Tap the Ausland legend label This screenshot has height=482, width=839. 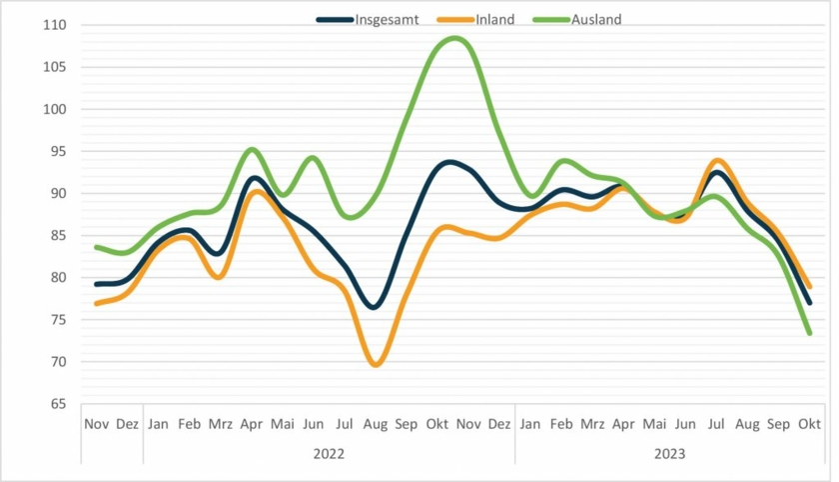pos(596,19)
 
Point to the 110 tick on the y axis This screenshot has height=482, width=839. pos(53,25)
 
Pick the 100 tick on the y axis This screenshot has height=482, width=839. pos(53,109)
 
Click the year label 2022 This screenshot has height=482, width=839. pos(329,453)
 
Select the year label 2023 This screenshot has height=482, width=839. pos(669,453)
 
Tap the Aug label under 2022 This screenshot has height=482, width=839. pos(376,424)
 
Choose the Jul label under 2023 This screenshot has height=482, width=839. pos(716,424)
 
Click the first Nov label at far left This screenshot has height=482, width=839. pos(96,424)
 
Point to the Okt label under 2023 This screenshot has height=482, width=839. pos(809,424)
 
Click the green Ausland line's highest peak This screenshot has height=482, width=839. pos(454,38)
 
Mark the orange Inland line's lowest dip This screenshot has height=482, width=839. pos(376,365)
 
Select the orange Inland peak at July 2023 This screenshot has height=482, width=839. pos(716,160)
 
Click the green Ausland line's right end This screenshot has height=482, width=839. pos(809,333)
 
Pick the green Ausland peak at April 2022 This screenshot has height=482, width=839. pos(252,150)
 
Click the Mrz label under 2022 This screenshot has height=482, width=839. pos(221,424)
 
